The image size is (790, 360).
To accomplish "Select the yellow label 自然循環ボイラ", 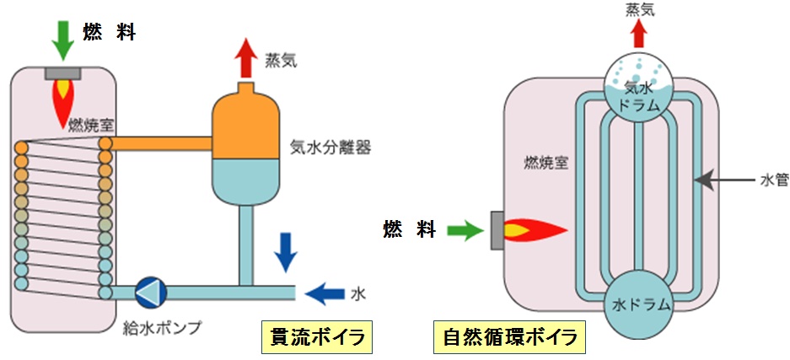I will (x=510, y=338).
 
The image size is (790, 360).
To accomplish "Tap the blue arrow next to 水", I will (x=322, y=293).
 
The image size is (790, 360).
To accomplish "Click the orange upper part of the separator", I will (x=246, y=125).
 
